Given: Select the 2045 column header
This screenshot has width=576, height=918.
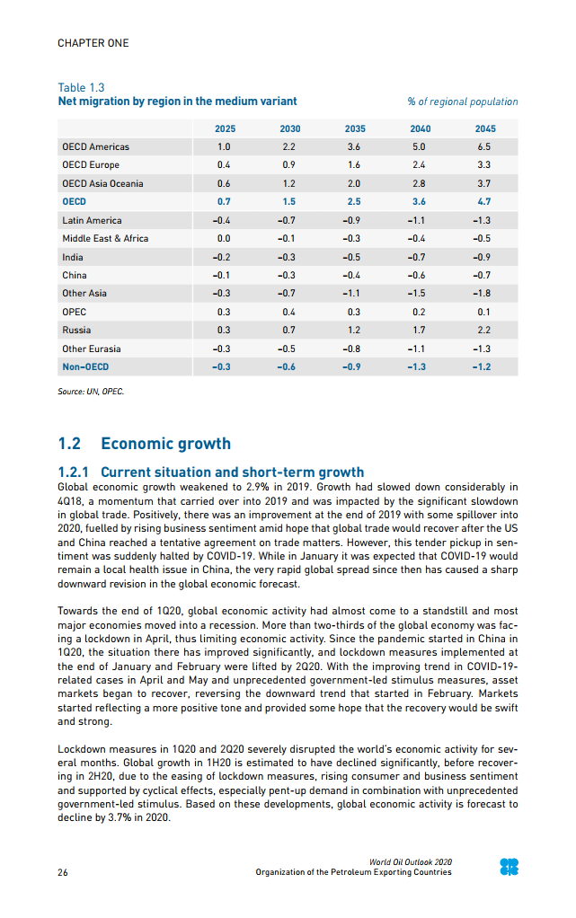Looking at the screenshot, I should tap(484, 128).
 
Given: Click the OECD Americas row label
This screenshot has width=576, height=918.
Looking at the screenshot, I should tap(95, 146).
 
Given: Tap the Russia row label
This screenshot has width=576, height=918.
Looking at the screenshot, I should tap(76, 330).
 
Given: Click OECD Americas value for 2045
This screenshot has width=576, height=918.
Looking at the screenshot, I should tap(484, 146).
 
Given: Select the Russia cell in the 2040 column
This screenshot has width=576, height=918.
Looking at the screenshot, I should tap(419, 330).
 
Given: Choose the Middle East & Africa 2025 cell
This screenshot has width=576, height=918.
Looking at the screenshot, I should tap(225, 238).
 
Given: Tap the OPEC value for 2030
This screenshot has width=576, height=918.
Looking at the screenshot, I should tap(289, 312).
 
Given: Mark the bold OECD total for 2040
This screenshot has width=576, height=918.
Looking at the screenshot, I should tap(419, 202).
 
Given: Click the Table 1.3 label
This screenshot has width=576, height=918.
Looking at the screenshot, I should tap(81, 87).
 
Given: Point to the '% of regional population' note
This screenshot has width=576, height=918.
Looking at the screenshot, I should tap(463, 102).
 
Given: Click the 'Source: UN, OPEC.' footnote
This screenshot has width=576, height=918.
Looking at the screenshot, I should tap(91, 392).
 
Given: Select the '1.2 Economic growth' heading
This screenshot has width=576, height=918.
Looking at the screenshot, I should tap(144, 444).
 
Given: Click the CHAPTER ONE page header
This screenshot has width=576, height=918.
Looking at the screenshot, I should tap(93, 43).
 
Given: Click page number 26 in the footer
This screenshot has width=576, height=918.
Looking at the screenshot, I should tap(63, 872).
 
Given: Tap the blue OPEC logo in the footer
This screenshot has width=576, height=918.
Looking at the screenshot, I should tap(509, 867).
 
